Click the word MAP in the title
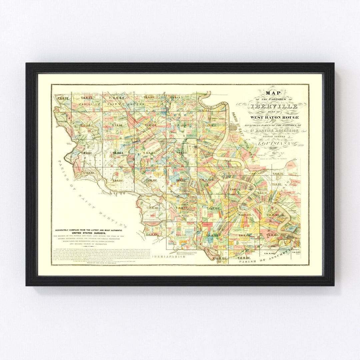point(273,93)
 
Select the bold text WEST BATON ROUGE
point(273,117)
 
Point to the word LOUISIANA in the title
point(273,143)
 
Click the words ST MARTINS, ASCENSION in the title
point(273,131)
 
